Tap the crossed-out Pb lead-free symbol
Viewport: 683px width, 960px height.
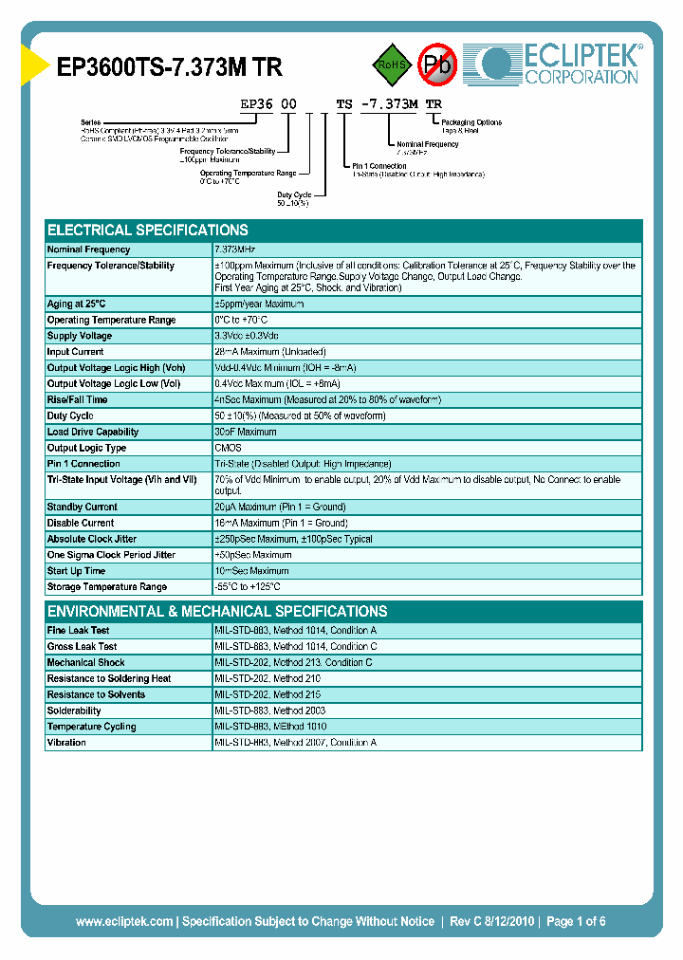pyautogui.click(x=437, y=65)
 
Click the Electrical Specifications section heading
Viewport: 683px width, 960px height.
pyautogui.click(x=148, y=230)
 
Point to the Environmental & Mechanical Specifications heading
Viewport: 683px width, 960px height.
pyautogui.click(x=217, y=612)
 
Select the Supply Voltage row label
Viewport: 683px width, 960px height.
pyautogui.click(x=80, y=336)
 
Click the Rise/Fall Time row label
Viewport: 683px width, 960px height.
pyautogui.click(x=78, y=399)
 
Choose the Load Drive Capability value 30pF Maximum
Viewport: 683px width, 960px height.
pyautogui.click(x=246, y=432)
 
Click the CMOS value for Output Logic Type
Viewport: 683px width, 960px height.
pyautogui.click(x=228, y=448)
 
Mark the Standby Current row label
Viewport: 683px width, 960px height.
pyautogui.click(x=83, y=507)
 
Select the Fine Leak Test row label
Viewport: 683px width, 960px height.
pyautogui.click(x=78, y=630)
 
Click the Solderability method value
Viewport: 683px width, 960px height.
pyautogui.click(x=269, y=711)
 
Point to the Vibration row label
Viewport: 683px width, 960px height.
pyautogui.click(x=66, y=743)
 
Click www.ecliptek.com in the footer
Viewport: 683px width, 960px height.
pyautogui.click(x=124, y=921)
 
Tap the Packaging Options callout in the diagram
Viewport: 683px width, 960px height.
pyautogui.click(x=471, y=122)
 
